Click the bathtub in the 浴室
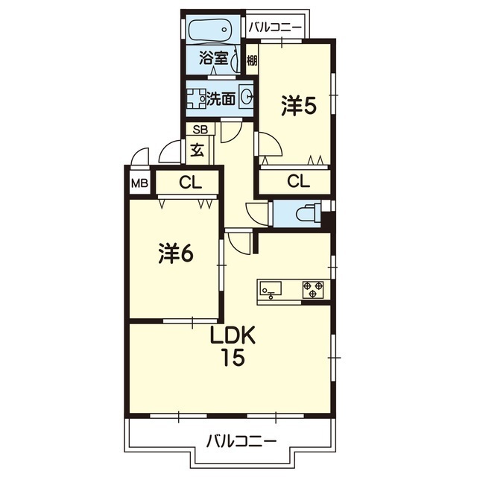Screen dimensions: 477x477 coord(210,31)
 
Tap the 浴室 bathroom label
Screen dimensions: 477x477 coord(214,58)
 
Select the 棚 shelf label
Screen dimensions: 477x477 coord(252,60)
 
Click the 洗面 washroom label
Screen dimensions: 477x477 coord(221,98)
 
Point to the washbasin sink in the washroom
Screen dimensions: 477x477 coord(246,97)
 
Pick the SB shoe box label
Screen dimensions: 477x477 coord(200,130)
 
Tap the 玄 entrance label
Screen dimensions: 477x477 coord(197,151)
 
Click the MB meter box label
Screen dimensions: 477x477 coord(139,183)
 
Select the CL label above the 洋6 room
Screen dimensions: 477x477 coord(191,183)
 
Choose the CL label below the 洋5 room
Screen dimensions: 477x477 coord(298,181)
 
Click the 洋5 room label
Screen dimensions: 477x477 coord(299,106)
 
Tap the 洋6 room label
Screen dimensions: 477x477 coord(176,253)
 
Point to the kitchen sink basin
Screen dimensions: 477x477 coord(271,288)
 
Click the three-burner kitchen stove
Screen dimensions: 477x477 coord(313,289)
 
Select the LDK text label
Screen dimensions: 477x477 coord(233,336)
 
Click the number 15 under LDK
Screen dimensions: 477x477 coord(233,358)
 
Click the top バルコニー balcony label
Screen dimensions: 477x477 coord(275,28)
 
